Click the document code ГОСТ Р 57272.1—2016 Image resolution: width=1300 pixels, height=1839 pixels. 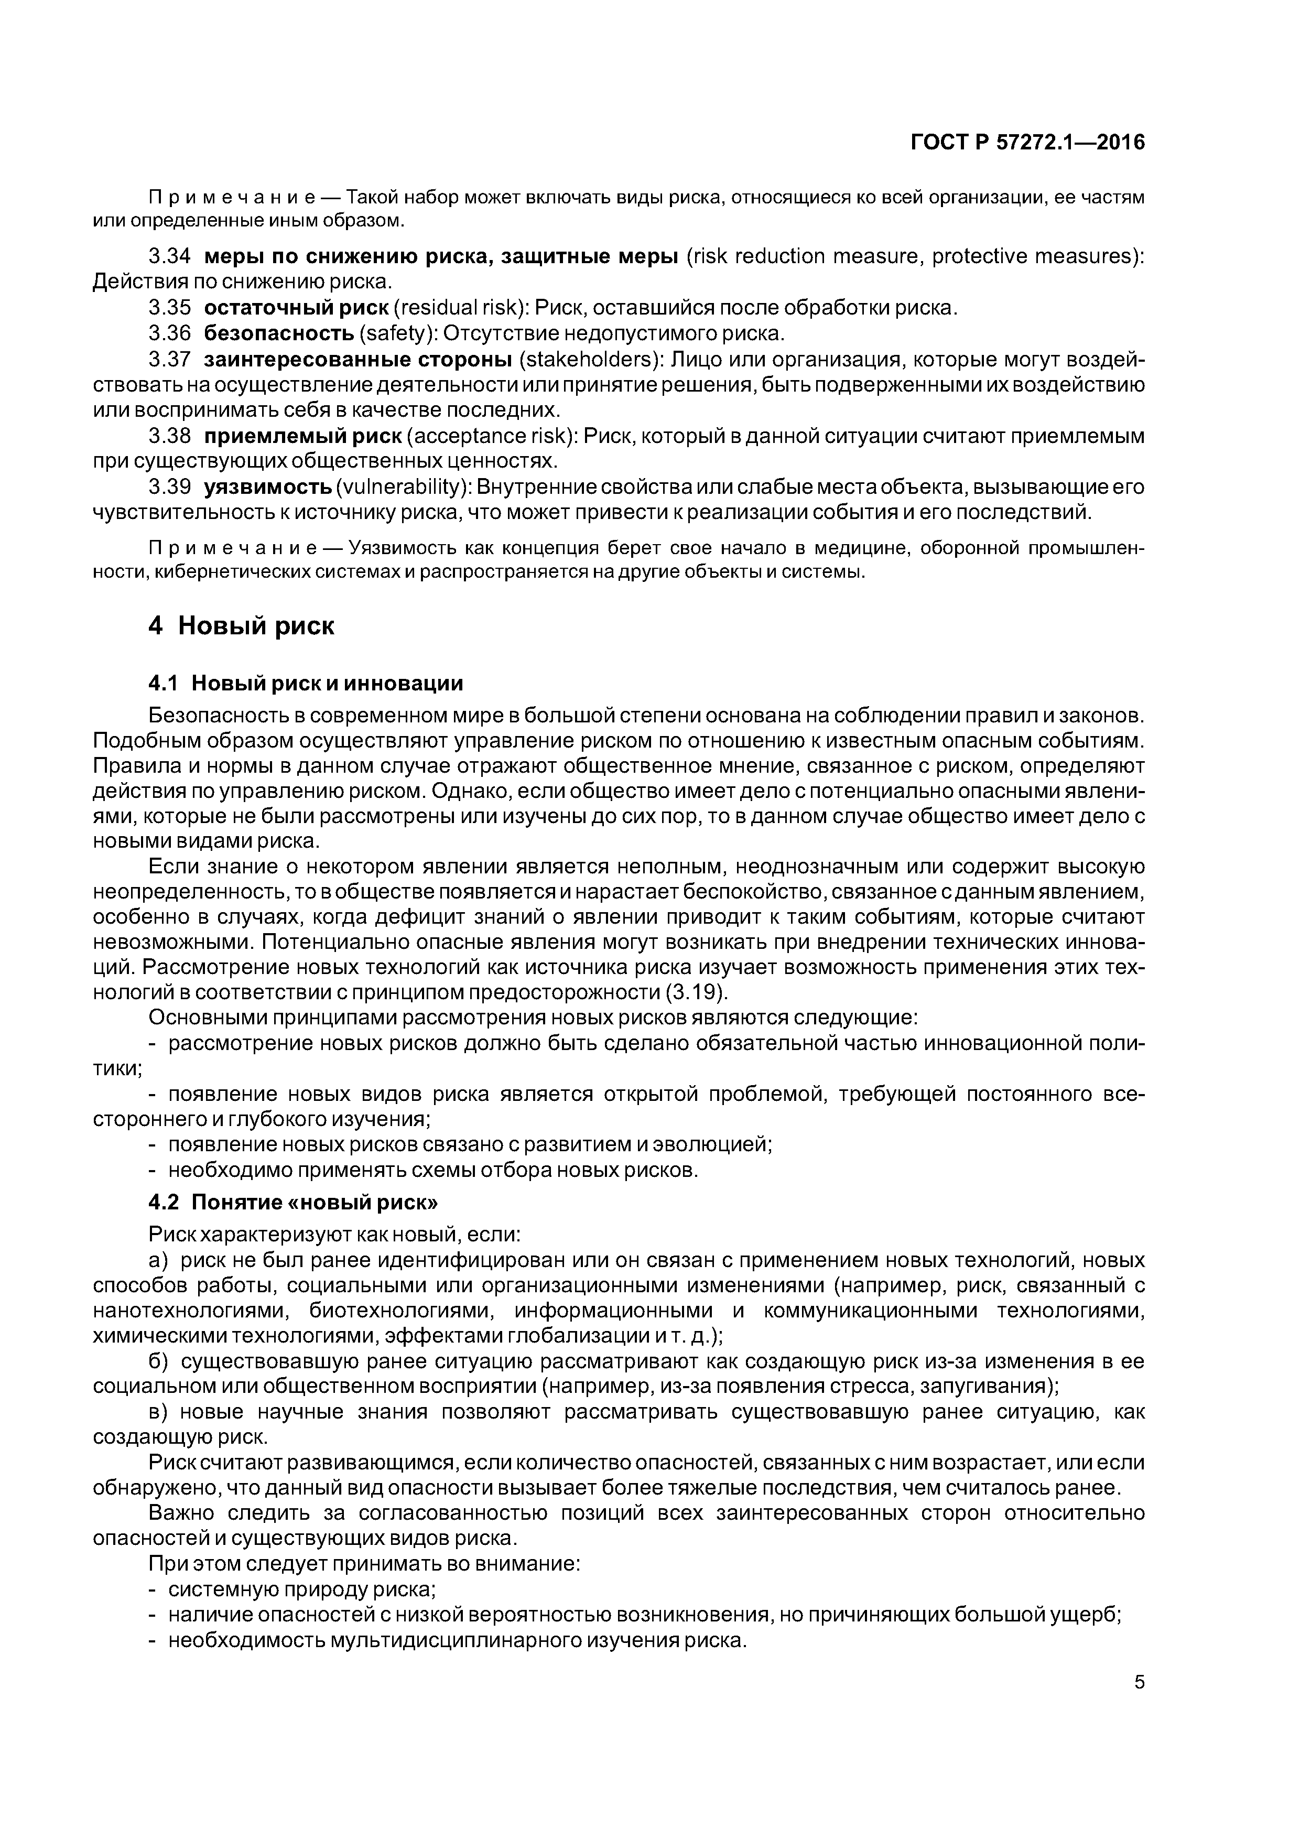pyautogui.click(x=1027, y=143)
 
